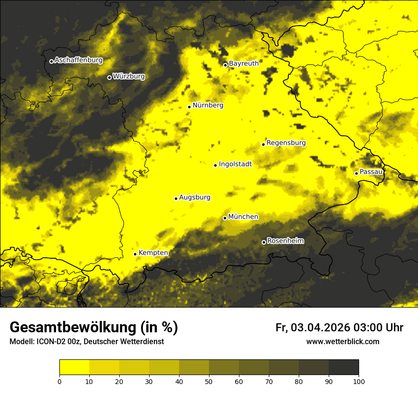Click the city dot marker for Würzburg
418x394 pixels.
[x=109, y=77]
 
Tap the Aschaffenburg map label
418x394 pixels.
[x=78, y=60]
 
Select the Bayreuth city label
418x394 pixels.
[x=244, y=63]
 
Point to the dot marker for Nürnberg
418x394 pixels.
[x=189, y=107]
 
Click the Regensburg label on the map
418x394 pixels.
[x=286, y=142]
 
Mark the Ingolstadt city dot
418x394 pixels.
[x=215, y=165]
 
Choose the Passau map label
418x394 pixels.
[x=371, y=171]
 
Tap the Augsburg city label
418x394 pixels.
[x=195, y=197]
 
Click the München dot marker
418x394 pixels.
[x=225, y=218]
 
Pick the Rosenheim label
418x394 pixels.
[x=285, y=241]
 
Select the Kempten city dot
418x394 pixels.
[x=135, y=254]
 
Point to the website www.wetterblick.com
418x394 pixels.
[x=343, y=341]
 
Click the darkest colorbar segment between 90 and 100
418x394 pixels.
[x=343, y=367]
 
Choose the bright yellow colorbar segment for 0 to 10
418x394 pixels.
[x=74, y=367]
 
